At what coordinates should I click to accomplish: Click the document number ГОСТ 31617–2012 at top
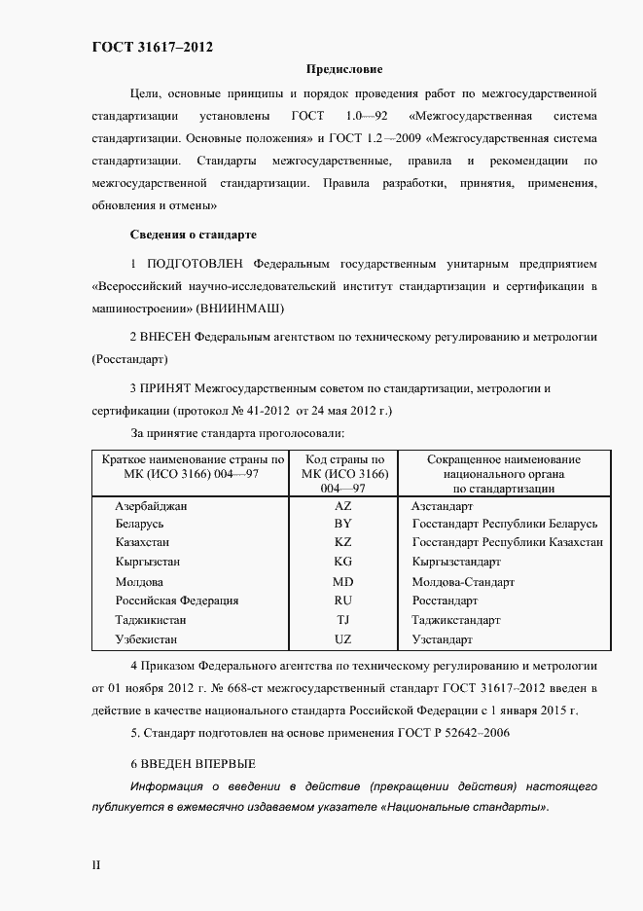tap(153, 47)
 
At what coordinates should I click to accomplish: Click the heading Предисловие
tap(344, 70)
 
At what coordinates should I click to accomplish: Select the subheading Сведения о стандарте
tap(193, 235)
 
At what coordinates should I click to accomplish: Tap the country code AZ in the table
tap(342, 507)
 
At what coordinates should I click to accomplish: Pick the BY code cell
tap(342, 524)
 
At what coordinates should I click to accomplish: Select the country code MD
tap(342, 582)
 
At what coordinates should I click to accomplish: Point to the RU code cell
tap(342, 601)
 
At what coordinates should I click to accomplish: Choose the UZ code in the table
tap(342, 639)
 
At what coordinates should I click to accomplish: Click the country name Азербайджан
tap(151, 507)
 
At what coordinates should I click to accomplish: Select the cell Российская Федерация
tap(176, 601)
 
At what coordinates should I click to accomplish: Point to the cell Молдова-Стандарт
tap(463, 582)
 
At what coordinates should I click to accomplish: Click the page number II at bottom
tap(96, 864)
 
